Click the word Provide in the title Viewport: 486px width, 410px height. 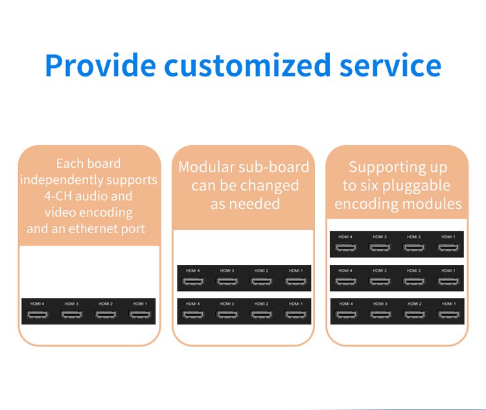click(x=100, y=66)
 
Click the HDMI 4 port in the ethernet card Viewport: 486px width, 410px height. click(x=37, y=315)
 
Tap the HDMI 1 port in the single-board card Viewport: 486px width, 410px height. click(x=139, y=315)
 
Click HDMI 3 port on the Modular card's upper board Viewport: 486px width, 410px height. click(x=227, y=282)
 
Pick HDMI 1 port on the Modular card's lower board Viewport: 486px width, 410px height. click(x=295, y=315)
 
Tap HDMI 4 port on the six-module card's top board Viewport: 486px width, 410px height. click(x=346, y=247)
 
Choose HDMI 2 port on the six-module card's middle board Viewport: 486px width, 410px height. click(x=414, y=281)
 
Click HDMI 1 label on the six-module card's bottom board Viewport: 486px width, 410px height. click(x=448, y=304)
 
